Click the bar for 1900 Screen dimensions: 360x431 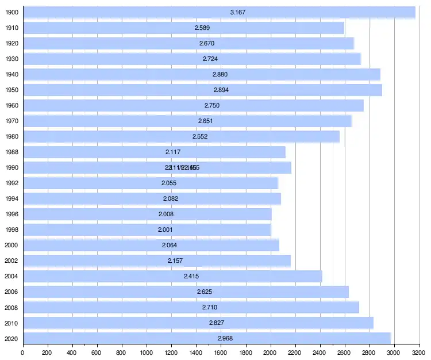[x=218, y=12]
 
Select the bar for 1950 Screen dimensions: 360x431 [x=202, y=90]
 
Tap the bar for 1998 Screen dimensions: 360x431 [x=147, y=229]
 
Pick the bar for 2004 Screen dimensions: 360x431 [x=172, y=276]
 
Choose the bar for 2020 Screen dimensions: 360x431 [x=206, y=338]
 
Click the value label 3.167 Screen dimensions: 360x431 [x=238, y=12]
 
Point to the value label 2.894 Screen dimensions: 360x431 [x=221, y=90]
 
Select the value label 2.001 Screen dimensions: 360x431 [x=166, y=229]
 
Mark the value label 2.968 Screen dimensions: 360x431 [x=225, y=338]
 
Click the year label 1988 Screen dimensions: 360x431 [x=11, y=152]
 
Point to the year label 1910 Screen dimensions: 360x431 [x=11, y=28]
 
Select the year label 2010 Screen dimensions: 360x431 [x=11, y=323]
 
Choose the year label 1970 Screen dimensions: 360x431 [x=11, y=121]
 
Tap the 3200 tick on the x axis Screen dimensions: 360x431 [x=419, y=352]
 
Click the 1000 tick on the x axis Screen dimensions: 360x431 [x=147, y=352]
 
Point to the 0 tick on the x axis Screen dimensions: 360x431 [x=22, y=352]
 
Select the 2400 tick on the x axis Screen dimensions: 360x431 [x=320, y=352]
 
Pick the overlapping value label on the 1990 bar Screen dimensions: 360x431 [x=182, y=167]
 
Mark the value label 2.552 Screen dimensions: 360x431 [x=200, y=136]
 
